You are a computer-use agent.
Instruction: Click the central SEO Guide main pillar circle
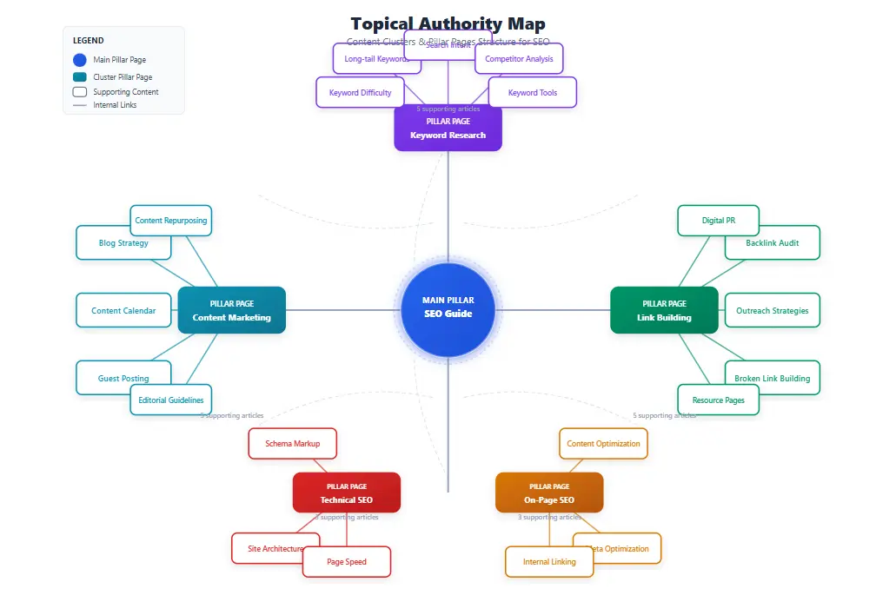tap(448, 310)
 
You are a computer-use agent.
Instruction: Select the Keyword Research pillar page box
tap(448, 129)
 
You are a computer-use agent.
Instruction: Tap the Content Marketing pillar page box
tap(231, 310)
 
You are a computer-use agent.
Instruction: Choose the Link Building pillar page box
tap(664, 310)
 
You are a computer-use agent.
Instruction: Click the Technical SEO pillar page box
tap(346, 493)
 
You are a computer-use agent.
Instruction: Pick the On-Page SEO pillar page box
tap(548, 493)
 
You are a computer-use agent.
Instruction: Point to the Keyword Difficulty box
tap(360, 93)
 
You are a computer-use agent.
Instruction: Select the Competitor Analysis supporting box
tap(519, 59)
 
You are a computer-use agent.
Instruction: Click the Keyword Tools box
tap(532, 93)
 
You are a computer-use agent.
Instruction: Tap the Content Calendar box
tap(123, 311)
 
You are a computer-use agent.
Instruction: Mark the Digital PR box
tap(718, 221)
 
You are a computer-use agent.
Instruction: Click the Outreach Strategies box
tap(772, 311)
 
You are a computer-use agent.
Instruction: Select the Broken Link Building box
tap(772, 378)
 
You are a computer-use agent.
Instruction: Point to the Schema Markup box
tap(292, 444)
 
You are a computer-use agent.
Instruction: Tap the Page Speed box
tap(346, 562)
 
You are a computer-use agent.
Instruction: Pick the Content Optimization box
tap(603, 444)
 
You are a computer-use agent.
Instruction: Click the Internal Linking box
tap(548, 562)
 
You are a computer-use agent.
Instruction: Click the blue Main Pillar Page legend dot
tap(80, 60)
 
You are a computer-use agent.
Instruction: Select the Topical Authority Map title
tap(448, 23)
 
